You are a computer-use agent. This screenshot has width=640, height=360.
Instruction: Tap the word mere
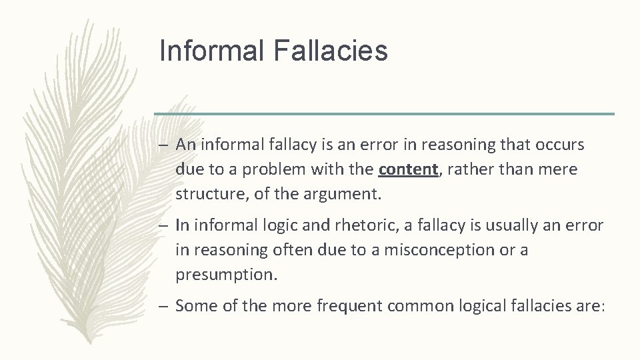click(558, 170)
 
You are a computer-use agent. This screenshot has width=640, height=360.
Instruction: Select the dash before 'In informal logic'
click(165, 225)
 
